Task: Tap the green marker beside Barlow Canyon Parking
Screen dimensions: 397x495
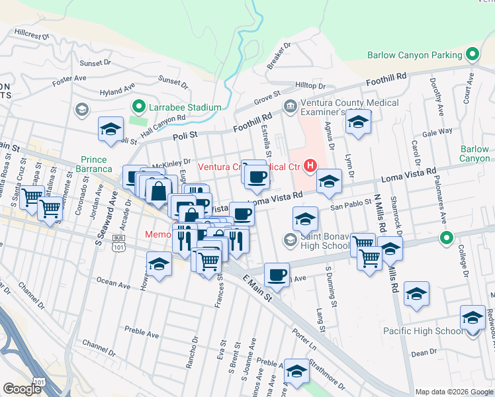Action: (x=472, y=54)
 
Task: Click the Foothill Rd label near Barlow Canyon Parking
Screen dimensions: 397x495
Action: (x=387, y=80)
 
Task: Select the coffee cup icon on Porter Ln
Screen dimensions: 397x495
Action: (x=277, y=273)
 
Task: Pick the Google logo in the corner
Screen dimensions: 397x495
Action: (x=22, y=388)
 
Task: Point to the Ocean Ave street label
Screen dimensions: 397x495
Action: (x=113, y=283)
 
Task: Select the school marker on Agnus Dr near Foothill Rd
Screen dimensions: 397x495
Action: (x=358, y=122)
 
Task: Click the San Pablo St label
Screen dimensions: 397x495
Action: (x=347, y=205)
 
